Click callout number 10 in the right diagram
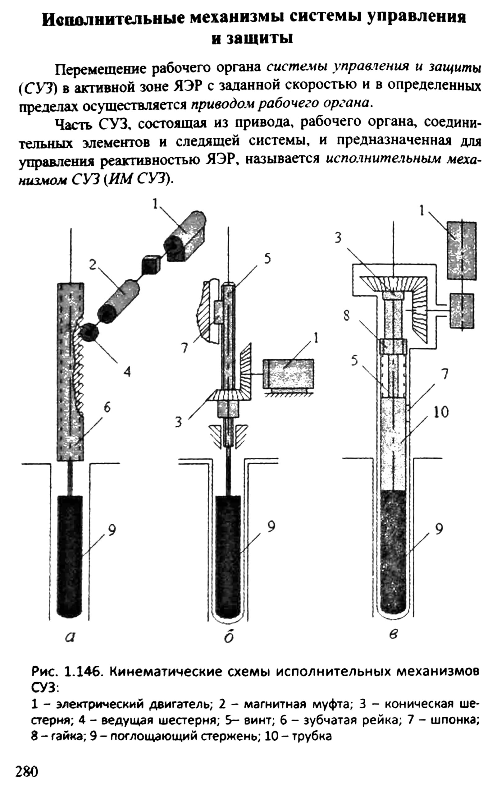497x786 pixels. (441, 413)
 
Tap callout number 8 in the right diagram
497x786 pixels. (347, 316)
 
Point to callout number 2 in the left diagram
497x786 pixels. (93, 265)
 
